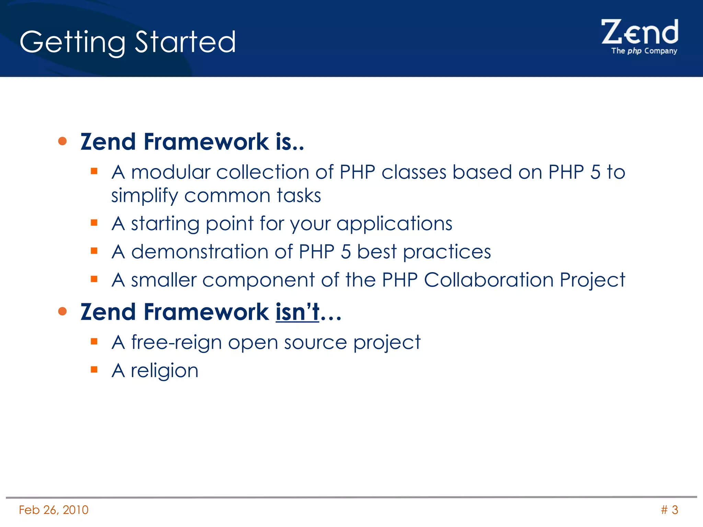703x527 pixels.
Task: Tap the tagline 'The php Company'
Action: pyautogui.click(x=644, y=51)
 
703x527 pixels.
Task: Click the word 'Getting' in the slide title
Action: pyautogui.click(x=72, y=42)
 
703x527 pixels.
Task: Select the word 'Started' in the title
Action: pyautogui.click(x=185, y=42)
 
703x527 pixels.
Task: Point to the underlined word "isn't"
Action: pyautogui.click(x=297, y=312)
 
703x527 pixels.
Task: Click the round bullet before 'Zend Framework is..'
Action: pyautogui.click(x=62, y=141)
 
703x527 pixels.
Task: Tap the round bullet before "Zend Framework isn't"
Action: pyautogui.click(x=62, y=311)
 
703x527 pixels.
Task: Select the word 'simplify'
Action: pyautogui.click(x=145, y=196)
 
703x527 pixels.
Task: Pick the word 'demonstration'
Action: pyautogui.click(x=199, y=252)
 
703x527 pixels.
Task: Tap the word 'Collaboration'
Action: pyautogui.click(x=489, y=280)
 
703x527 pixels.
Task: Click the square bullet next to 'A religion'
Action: pyautogui.click(x=94, y=370)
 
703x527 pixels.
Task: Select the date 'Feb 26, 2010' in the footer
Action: pyautogui.click(x=54, y=510)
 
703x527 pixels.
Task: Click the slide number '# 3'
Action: pyautogui.click(x=669, y=510)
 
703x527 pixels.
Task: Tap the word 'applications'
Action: pyautogui.click(x=394, y=224)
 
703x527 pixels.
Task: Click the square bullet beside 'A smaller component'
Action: pyautogui.click(x=94, y=279)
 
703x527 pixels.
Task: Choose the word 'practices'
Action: pyautogui.click(x=447, y=252)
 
